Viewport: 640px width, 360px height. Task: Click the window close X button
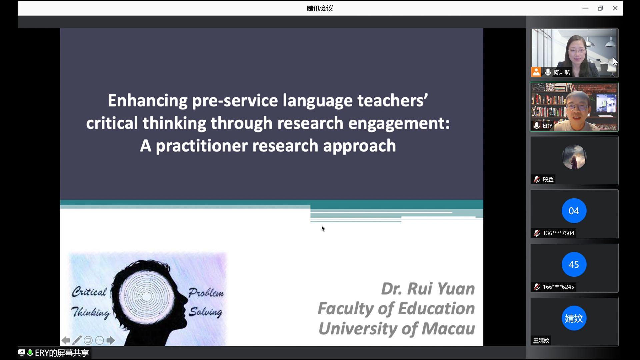coord(615,8)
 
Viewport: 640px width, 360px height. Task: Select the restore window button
coord(600,8)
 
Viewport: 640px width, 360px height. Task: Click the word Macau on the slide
coord(448,329)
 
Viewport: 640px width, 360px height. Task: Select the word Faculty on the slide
coord(346,309)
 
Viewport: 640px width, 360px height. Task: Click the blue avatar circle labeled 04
coord(574,211)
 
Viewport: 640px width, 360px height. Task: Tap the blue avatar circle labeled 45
coord(574,264)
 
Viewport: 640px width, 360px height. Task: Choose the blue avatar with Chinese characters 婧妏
coord(574,318)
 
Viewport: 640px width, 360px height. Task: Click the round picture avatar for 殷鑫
coord(574,157)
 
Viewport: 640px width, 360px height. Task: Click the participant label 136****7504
coord(558,233)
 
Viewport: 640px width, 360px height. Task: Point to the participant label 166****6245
coord(558,287)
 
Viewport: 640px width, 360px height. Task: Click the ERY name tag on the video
coord(547,126)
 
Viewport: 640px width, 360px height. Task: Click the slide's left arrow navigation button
coord(66,340)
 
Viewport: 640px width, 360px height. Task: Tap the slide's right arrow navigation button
coord(111,340)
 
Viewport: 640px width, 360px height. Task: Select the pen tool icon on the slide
coord(77,340)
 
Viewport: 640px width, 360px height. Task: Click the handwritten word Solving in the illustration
coord(205,312)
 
